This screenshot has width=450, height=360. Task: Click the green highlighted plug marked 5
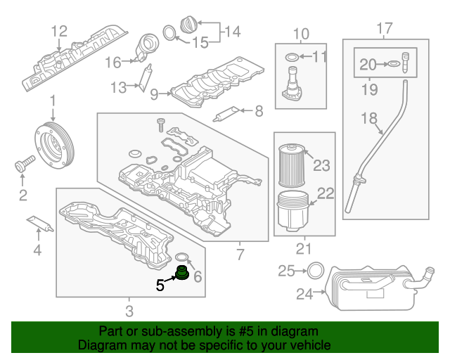tap(183, 272)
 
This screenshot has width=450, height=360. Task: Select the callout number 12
tap(59, 30)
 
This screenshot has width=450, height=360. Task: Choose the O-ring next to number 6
tap(181, 257)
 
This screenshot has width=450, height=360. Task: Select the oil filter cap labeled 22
tap(291, 210)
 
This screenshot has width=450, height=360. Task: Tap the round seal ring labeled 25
tap(316, 270)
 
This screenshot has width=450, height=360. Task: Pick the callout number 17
tap(385, 28)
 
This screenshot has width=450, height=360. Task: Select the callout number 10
tap(300, 33)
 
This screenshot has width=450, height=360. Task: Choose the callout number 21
tap(303, 248)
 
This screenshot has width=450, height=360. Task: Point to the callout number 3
tap(129, 311)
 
